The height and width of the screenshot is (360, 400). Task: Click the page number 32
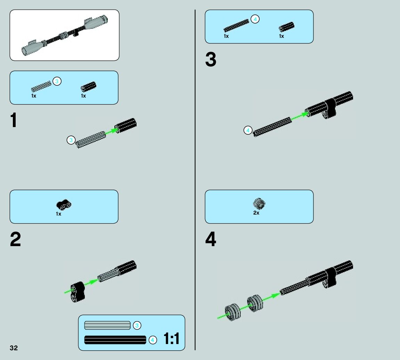[14, 348]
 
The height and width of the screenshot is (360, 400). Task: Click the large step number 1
[14, 120]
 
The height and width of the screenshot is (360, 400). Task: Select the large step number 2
[15, 240]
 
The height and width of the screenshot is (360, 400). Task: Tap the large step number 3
[211, 60]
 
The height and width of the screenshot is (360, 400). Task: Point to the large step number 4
[211, 240]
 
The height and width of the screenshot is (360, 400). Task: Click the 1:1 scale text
[172, 339]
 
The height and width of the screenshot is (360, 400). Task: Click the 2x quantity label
[256, 213]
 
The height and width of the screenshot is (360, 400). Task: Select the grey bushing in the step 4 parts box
[259, 204]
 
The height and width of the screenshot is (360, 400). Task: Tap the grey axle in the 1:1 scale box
[107, 326]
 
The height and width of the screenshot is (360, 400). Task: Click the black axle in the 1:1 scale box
[115, 340]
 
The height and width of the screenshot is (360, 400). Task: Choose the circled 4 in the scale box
[153, 340]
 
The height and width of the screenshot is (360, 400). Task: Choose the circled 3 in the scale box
[137, 326]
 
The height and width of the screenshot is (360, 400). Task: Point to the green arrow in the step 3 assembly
[299, 116]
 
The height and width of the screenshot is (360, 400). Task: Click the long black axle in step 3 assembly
[272, 127]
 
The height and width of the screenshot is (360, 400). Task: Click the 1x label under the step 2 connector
[58, 214]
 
